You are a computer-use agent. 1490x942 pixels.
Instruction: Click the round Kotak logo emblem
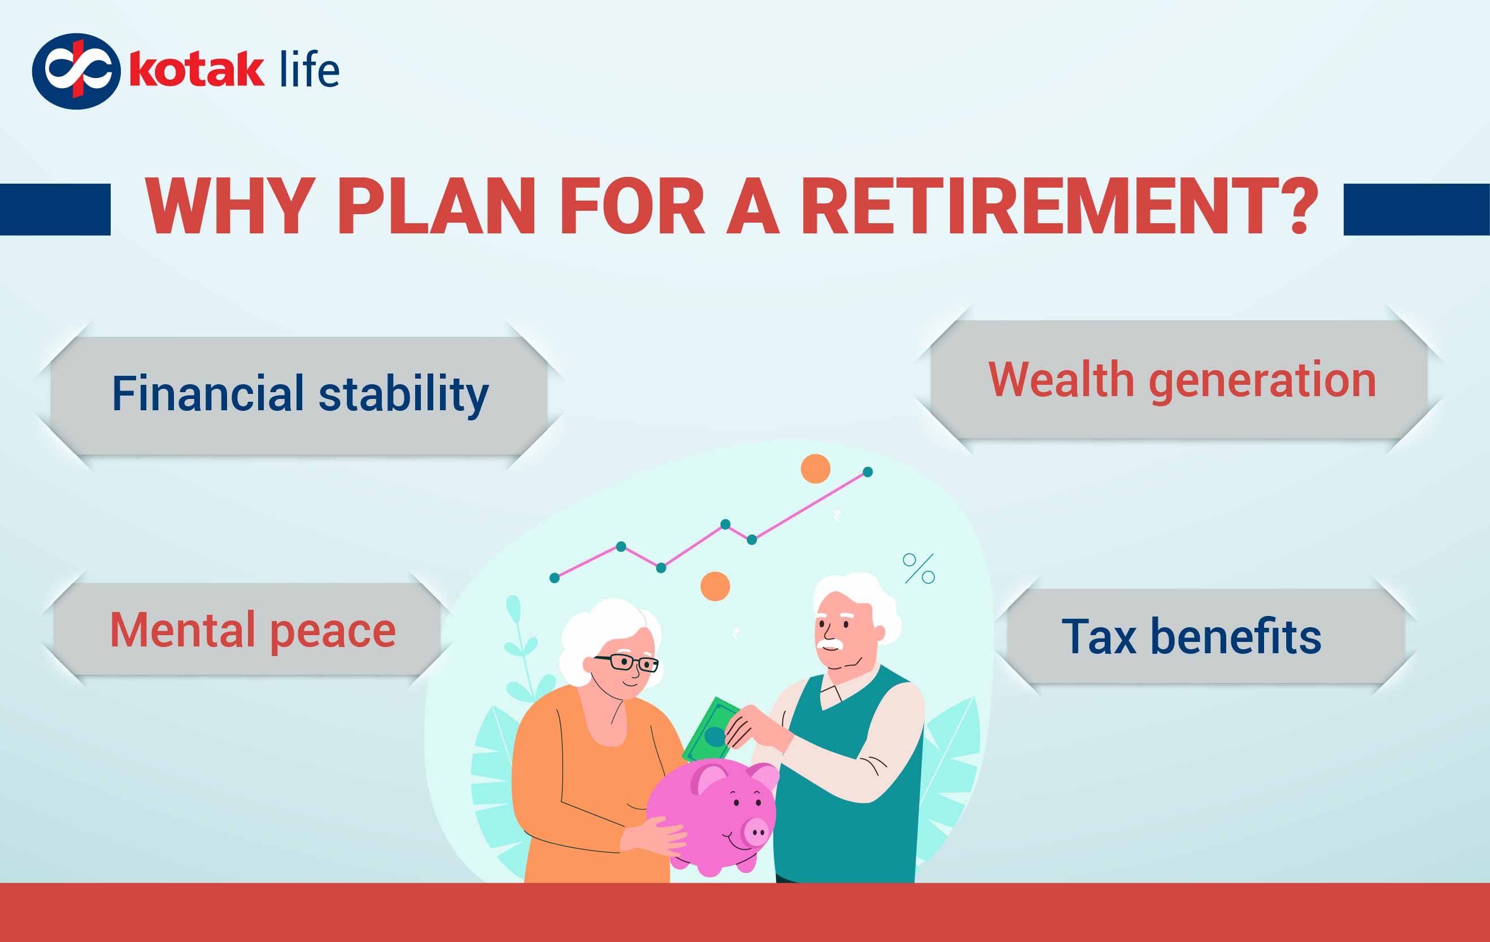[x=76, y=71]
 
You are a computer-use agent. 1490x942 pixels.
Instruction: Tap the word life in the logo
[x=309, y=70]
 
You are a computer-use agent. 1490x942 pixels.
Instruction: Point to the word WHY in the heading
[x=229, y=206]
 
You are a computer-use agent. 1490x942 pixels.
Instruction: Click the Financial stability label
[x=300, y=394]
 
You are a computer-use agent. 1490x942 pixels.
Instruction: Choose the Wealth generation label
[x=1182, y=379]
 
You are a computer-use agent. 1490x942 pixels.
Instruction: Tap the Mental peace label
[x=252, y=630]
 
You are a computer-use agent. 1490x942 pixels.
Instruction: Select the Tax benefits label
[x=1191, y=636]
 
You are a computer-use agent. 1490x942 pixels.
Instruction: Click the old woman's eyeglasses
[x=626, y=663]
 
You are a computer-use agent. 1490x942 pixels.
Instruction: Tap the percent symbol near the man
[x=919, y=568]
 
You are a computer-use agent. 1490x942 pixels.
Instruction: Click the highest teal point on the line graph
[x=868, y=472]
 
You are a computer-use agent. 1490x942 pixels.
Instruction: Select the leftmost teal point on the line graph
[x=555, y=578]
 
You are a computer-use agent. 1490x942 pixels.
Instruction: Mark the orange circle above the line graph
[x=816, y=468]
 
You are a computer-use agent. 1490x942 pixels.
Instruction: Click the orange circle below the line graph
[x=715, y=586]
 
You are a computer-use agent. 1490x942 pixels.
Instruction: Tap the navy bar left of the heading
[x=55, y=209]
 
